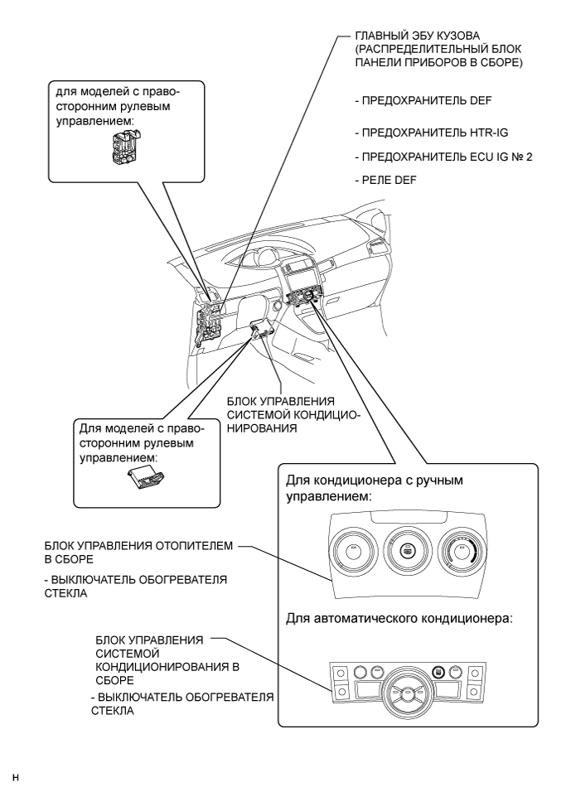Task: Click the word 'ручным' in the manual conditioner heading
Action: [x=429, y=480]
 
